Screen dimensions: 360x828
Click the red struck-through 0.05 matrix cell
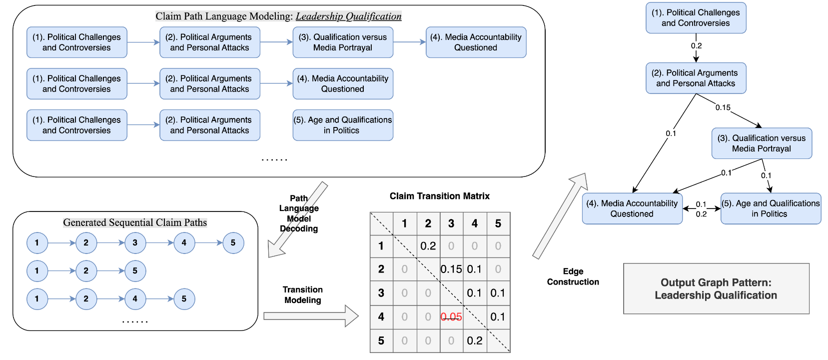pos(451,317)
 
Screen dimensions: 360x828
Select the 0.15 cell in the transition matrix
pos(451,269)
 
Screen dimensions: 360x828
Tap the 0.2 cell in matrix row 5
pos(474,341)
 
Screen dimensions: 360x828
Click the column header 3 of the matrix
pos(451,223)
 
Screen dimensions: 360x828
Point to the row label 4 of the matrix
pos(381,317)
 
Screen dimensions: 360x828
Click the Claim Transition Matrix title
pos(439,196)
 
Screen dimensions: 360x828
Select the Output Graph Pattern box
pos(716,289)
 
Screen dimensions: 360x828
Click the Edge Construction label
pos(573,276)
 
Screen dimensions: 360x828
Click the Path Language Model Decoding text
pos(299,213)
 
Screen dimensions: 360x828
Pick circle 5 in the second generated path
pos(135,271)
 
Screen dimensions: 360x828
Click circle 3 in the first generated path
pos(135,243)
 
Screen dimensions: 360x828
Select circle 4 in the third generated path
pos(135,299)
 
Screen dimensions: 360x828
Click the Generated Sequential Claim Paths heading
pos(135,222)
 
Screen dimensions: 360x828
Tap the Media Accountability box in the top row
pos(476,42)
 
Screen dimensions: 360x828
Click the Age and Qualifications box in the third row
pos(343,125)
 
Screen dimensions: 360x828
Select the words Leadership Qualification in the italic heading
pos(348,16)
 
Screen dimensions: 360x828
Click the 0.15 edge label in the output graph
pos(723,107)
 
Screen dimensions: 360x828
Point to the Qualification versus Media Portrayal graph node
pos(762,143)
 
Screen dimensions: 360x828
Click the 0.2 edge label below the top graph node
pos(696,45)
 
